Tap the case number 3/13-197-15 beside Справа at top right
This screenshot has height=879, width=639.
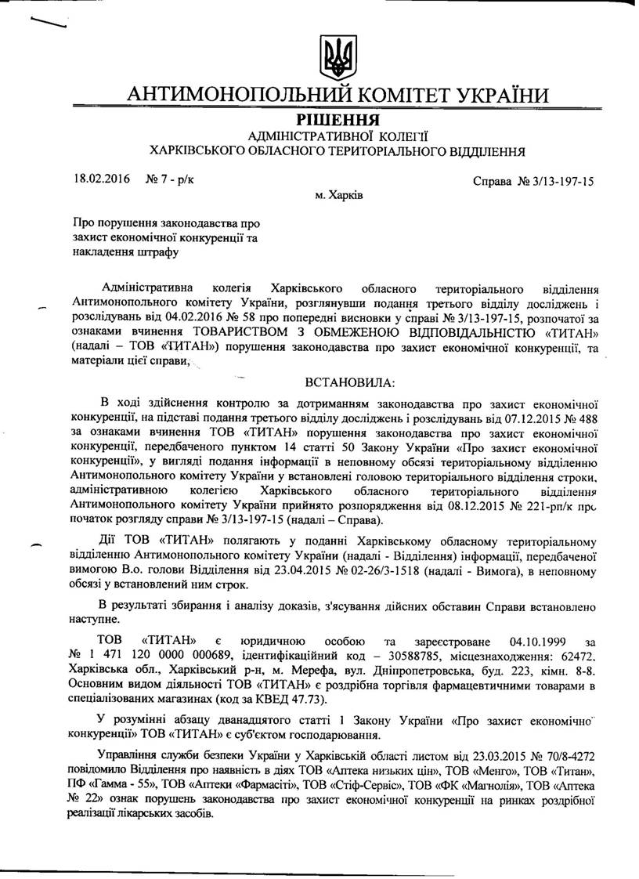(558, 181)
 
